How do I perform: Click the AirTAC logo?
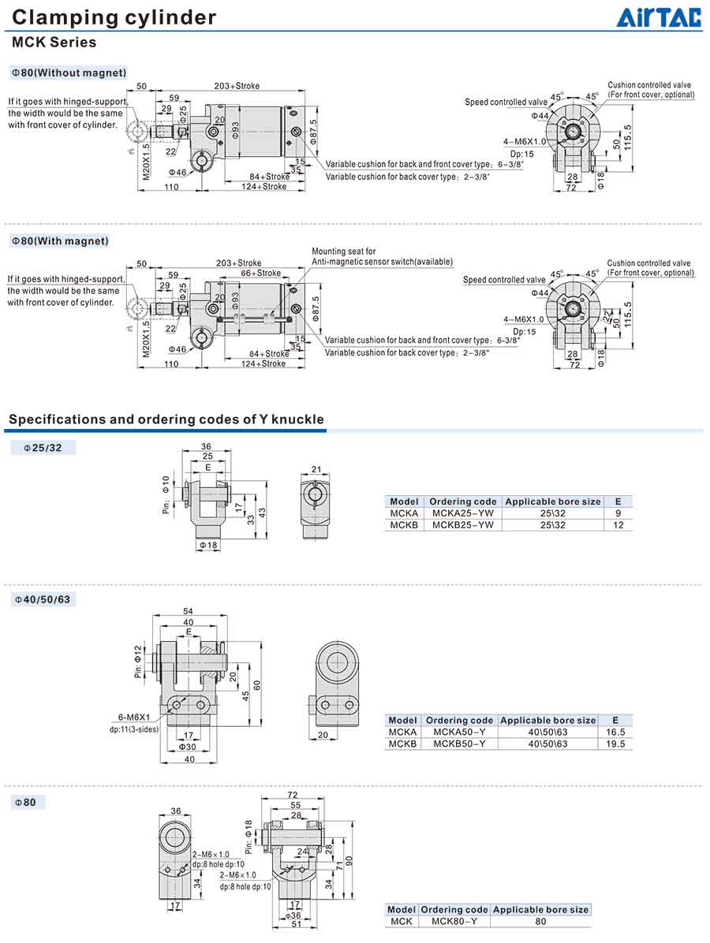[x=659, y=17]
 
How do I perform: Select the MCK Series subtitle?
[x=54, y=43]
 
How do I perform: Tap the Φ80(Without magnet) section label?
[x=69, y=73]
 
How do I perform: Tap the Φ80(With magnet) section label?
[x=60, y=240]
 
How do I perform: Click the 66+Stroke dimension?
[x=260, y=273]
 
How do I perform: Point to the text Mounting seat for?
[x=344, y=252]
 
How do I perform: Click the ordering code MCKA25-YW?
[x=462, y=513]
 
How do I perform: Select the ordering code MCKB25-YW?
[x=462, y=524]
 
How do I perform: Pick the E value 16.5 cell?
[x=615, y=732]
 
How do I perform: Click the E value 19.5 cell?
[x=615, y=744]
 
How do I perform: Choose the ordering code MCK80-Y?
[x=454, y=921]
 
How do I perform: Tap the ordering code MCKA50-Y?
[x=459, y=732]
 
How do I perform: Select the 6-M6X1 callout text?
[x=134, y=717]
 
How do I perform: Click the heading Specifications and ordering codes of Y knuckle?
[x=166, y=419]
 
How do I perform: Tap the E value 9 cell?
[x=618, y=513]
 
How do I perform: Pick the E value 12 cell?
[x=618, y=524]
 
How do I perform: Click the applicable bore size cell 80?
[x=540, y=921]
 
